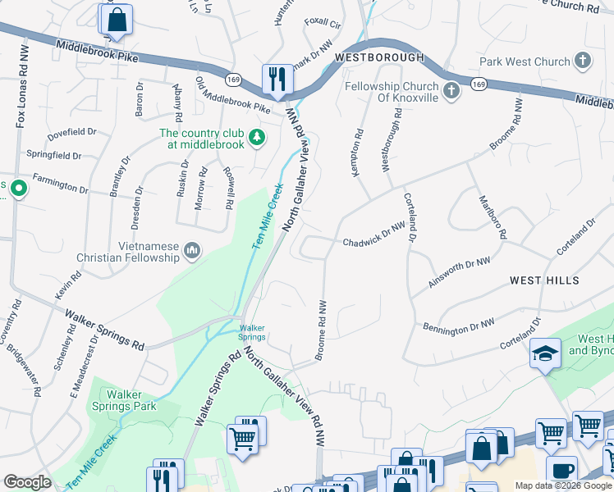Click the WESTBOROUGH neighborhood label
(x=379, y=57)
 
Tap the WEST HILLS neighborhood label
(x=544, y=280)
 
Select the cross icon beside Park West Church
(x=582, y=61)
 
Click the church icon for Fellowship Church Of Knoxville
(x=451, y=93)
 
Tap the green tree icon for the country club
(x=258, y=136)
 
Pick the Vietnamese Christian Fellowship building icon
(x=192, y=249)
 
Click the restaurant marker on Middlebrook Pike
(x=274, y=78)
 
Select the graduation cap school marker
(x=545, y=353)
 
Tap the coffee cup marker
(x=563, y=471)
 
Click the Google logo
(x=27, y=482)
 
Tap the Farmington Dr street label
(x=60, y=183)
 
